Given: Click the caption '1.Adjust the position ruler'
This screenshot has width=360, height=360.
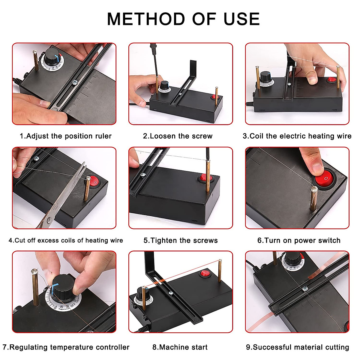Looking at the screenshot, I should coord(66,136).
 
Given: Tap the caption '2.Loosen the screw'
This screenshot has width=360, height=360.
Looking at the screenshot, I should coord(178,136).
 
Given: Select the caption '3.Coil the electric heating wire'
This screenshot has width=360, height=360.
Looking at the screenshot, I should coord(297,136).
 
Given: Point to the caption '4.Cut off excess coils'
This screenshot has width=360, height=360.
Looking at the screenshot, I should coord(66,240).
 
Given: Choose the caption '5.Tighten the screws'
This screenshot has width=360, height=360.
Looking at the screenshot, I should coord(181,240).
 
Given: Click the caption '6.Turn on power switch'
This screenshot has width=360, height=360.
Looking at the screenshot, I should coord(299,240).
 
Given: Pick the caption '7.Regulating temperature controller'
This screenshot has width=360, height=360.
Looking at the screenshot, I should coord(66,347).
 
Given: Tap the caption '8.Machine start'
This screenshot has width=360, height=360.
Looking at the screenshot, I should coord(180,347).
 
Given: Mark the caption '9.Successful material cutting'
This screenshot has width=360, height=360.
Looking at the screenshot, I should coord(298,347).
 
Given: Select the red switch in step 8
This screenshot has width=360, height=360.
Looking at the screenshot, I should coord(205,273).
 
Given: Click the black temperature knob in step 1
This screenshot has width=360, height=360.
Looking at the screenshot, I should coord(52,56).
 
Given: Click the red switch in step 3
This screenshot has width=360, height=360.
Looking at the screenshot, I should coord(331,79).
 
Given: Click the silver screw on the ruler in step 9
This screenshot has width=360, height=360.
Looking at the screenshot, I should coord(305,289).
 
